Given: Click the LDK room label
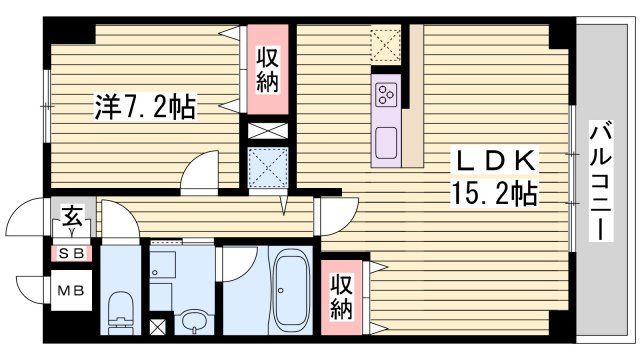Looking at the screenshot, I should coord(498,161).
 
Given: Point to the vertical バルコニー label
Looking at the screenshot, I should coord(600,180).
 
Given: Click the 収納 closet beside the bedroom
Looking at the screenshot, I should coord(267,70).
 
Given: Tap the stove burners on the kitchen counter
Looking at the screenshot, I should coord(387,95).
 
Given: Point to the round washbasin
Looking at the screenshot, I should coord(195,322).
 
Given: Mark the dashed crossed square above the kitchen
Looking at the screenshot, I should coord(385,45).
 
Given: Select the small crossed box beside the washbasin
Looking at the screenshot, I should coord(158,327).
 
